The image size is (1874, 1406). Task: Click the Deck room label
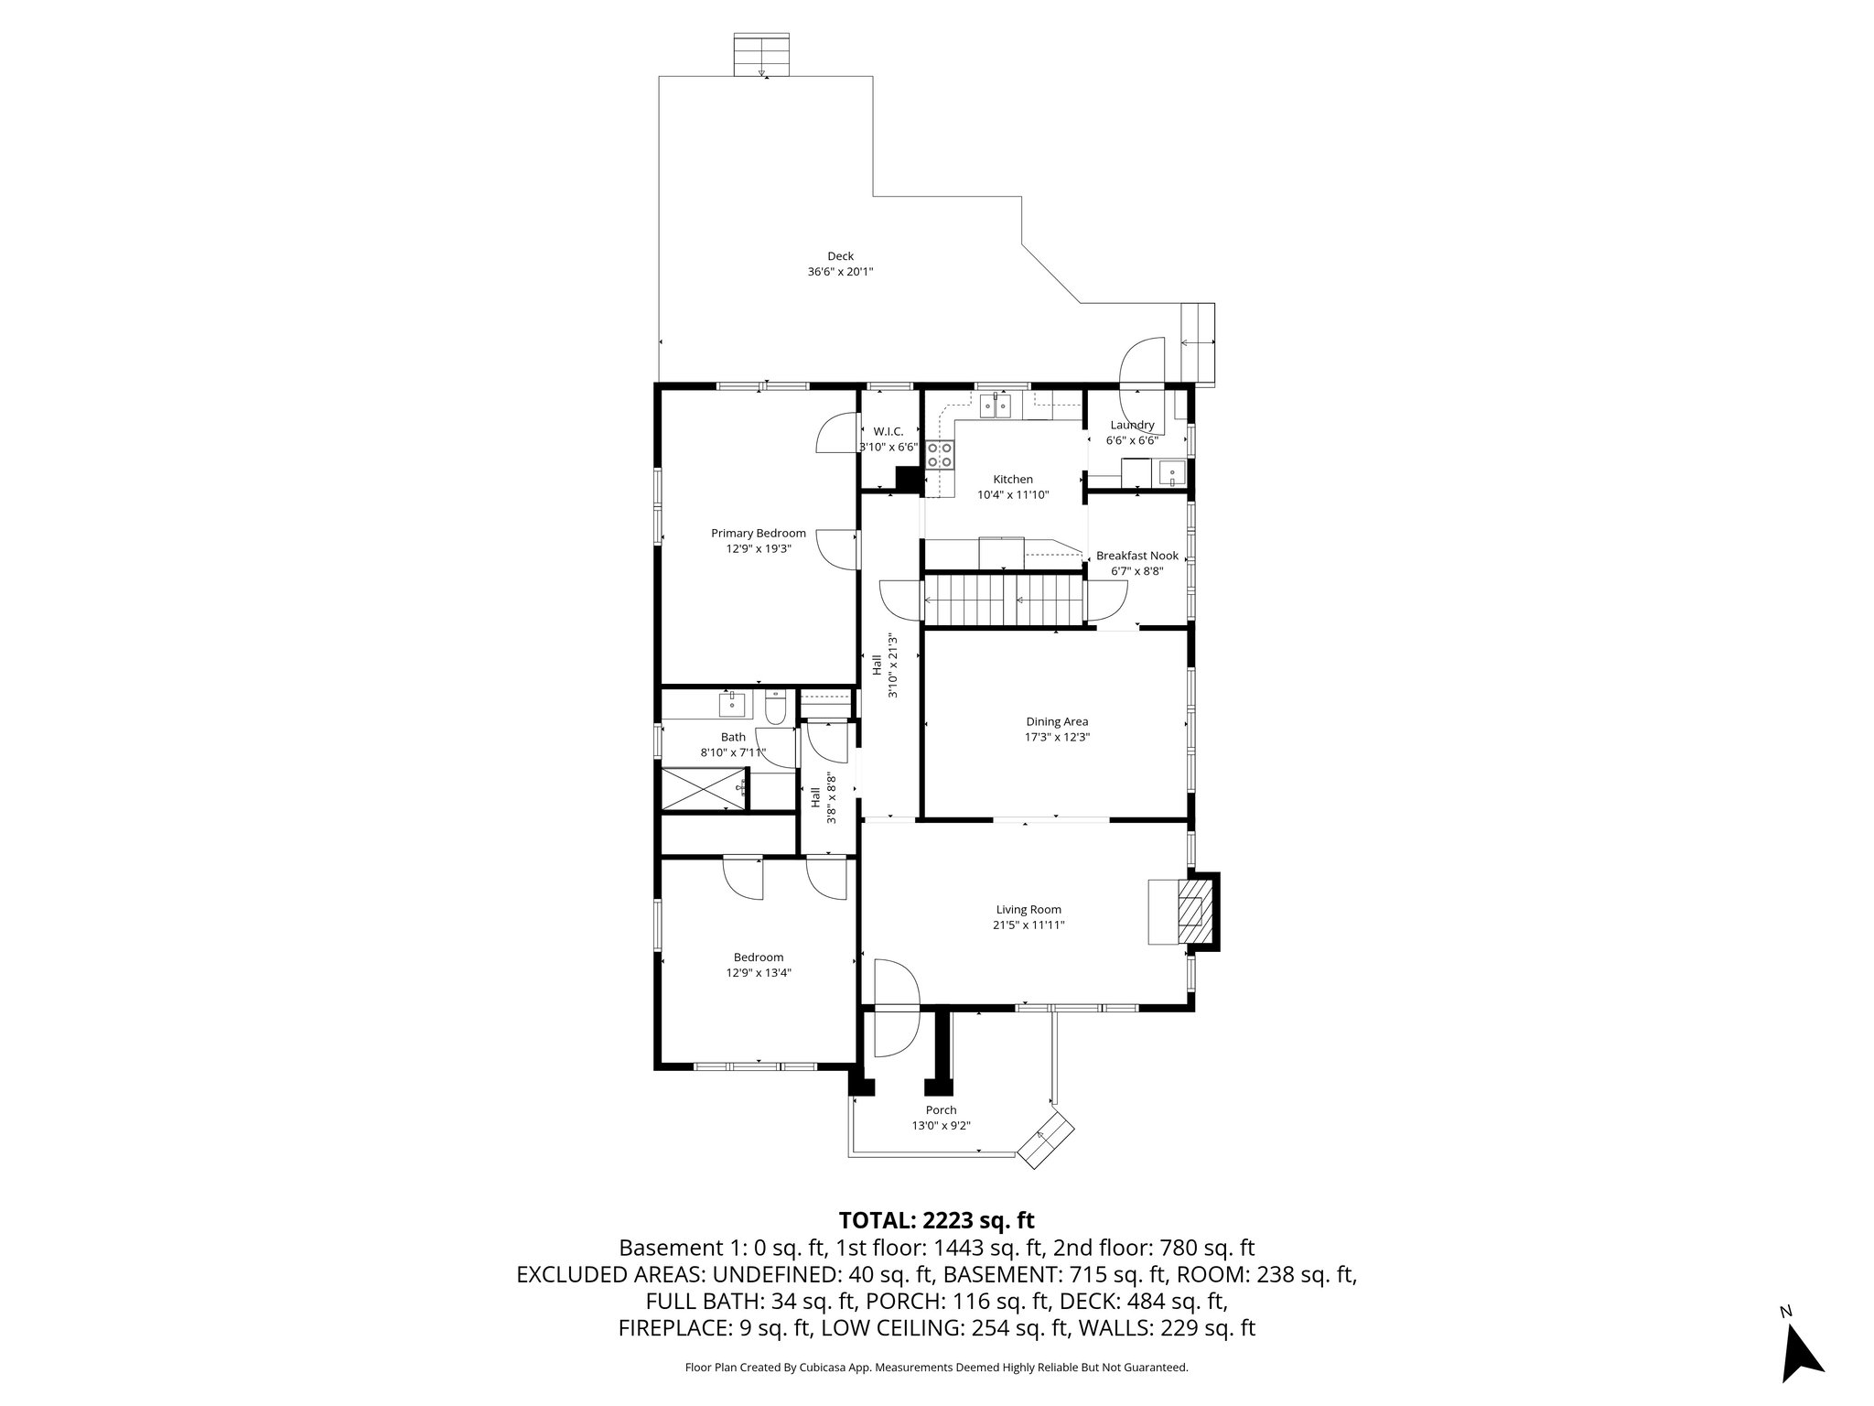coord(840,256)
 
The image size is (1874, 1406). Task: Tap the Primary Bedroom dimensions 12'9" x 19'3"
coord(759,549)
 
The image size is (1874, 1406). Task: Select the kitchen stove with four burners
coord(940,455)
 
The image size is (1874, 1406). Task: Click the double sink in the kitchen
coord(996,405)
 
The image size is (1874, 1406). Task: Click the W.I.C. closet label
coord(888,431)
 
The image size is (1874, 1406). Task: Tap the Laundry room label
coord(1132,425)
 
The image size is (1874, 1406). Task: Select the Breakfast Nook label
coord(1136,556)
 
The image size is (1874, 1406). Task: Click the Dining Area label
coord(1057,721)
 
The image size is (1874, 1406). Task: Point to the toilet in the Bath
coord(776,708)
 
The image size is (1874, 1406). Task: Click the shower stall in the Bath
coord(703,788)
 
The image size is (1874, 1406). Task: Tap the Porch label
coord(941,1110)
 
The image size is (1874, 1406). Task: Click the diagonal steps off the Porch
coord(1047,1141)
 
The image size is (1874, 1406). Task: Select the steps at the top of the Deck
coord(761,55)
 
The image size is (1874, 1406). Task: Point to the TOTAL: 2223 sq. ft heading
coord(936,1220)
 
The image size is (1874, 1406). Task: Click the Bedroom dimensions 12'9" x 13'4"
coord(759,973)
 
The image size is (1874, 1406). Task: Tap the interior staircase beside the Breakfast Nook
coord(1003,600)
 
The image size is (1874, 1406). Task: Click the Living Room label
coord(1029,909)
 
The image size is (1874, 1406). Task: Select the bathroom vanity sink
coord(732,705)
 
